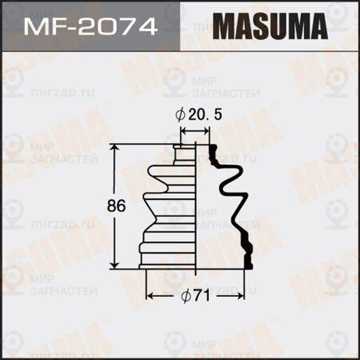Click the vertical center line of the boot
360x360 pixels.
click(196, 210)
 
